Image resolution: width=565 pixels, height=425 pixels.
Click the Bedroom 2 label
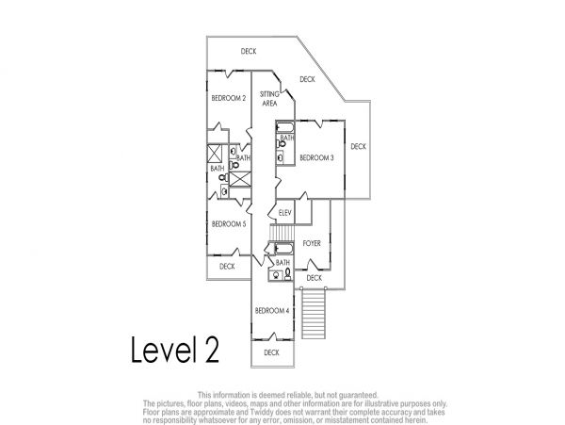point(229,98)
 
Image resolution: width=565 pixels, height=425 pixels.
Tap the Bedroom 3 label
point(316,157)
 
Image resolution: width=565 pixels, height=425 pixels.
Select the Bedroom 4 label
point(272,311)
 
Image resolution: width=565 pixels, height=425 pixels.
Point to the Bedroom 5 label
point(229,224)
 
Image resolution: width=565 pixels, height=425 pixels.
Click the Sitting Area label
point(269,99)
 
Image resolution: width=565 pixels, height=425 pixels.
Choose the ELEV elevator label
point(285,213)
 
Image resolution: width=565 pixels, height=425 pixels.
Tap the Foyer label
point(312,243)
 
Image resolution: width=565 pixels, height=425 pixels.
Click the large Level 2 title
point(175,350)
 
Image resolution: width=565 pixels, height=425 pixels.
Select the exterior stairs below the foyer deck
point(314,314)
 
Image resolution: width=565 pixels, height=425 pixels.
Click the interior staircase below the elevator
point(282,233)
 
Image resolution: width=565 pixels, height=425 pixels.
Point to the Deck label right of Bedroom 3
point(358,146)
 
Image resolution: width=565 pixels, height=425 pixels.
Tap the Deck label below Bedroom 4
point(271,352)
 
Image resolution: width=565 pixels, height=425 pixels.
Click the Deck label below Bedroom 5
point(227,267)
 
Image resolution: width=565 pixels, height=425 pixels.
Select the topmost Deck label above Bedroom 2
point(249,51)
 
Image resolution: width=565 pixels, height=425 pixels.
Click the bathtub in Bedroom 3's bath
point(285,127)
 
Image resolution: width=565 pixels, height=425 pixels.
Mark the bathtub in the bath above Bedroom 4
point(284,249)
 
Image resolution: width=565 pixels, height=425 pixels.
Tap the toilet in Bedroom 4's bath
point(287,274)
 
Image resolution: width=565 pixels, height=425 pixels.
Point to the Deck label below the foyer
point(314,278)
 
